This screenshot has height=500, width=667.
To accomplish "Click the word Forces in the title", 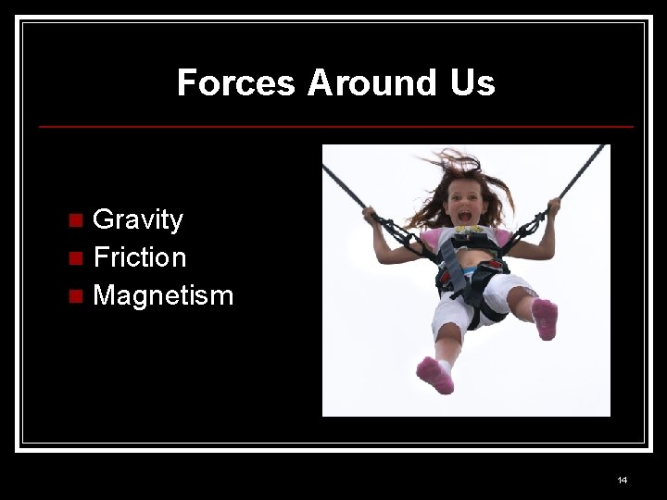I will (236, 82).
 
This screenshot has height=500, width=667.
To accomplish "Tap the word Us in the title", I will (473, 82).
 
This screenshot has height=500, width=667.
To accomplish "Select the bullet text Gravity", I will (138, 219).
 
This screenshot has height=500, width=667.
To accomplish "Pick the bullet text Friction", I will (140, 257).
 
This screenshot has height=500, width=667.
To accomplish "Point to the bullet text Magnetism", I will (163, 296).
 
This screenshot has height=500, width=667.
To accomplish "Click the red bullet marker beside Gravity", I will (77, 220).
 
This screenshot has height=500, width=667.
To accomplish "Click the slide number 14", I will (622, 480).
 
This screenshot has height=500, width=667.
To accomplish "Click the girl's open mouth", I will (463, 217).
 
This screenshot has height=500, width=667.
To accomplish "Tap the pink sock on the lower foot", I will (434, 374).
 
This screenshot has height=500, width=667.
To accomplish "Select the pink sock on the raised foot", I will (545, 318).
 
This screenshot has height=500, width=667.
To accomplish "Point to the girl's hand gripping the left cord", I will (372, 216).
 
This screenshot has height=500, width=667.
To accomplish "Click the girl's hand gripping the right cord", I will (553, 206).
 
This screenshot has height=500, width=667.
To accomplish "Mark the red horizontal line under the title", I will (335, 126).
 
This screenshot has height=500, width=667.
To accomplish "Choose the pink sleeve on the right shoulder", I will (503, 237).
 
